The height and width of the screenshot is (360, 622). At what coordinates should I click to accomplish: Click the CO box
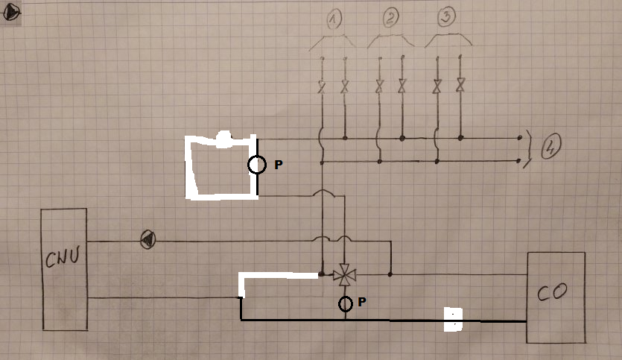tap(555, 297)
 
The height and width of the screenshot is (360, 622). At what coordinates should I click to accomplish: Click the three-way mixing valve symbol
tap(345, 275)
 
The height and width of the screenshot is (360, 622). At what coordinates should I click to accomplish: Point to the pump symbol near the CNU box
tap(148, 240)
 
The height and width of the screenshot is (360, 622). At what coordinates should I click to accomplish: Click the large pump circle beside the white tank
tap(256, 165)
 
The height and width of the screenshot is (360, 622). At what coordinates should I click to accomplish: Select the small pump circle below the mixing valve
tap(346, 303)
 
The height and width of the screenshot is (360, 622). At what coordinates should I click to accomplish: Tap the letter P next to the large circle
tap(279, 165)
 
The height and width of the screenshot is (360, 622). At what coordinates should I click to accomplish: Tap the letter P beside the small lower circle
tap(361, 303)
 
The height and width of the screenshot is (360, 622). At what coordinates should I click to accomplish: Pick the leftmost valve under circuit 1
tap(322, 86)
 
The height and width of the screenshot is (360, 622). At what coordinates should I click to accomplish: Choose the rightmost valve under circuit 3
tap(460, 86)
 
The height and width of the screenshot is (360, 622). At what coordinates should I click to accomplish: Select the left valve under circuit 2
tap(379, 86)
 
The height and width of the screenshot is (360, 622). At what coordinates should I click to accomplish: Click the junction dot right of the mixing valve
tap(390, 274)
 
